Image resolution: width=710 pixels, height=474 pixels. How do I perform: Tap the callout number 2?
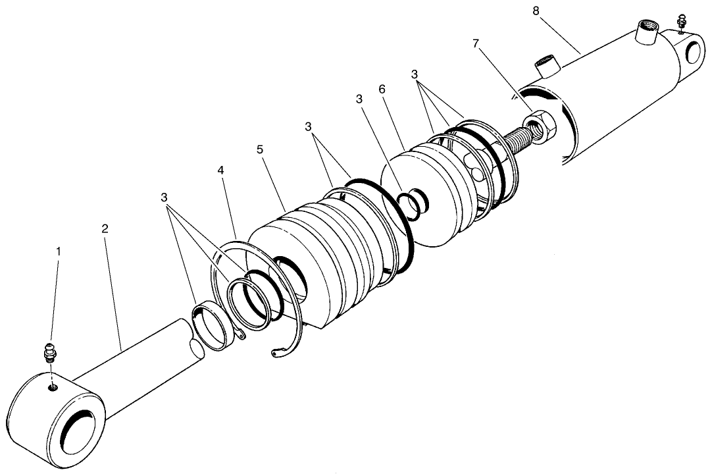(x=105, y=228)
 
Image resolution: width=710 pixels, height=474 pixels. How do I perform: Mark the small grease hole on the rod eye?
(x=52, y=387)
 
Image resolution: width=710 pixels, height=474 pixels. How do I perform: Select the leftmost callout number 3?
(x=165, y=197)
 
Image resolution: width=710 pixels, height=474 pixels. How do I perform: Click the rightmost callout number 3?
(x=415, y=74)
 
